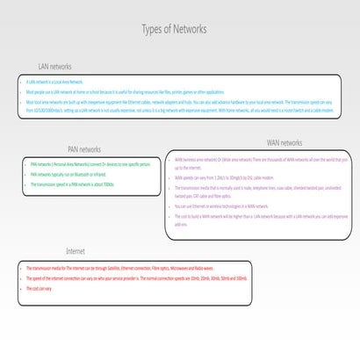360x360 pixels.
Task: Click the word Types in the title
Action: [x=153, y=29]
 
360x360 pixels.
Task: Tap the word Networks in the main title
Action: [x=191, y=29]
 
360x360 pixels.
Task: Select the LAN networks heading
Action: [x=54, y=67]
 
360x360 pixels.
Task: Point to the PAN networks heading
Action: [x=84, y=149]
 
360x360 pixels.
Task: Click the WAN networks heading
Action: [x=284, y=143]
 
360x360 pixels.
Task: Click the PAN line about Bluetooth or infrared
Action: [x=70, y=175]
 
